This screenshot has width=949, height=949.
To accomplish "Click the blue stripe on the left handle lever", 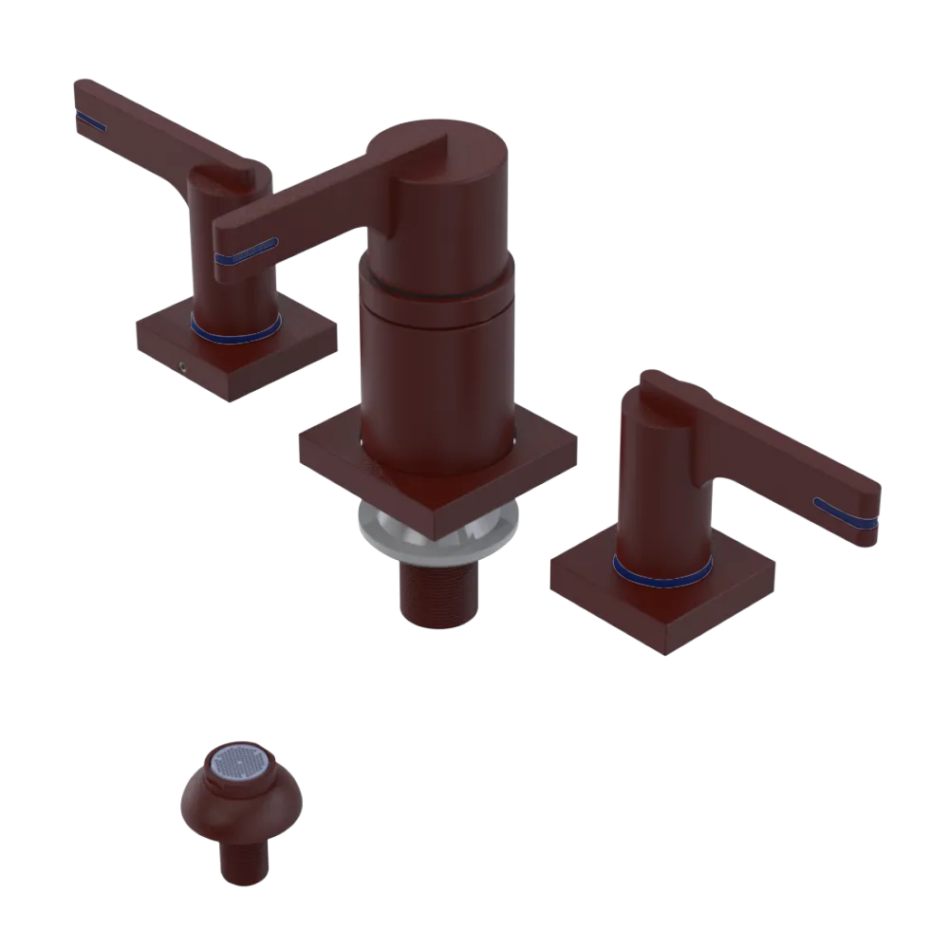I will [x=90, y=120].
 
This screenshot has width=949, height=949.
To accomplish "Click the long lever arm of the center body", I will [x=304, y=204].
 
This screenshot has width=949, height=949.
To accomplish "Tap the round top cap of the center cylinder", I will [x=446, y=142].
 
